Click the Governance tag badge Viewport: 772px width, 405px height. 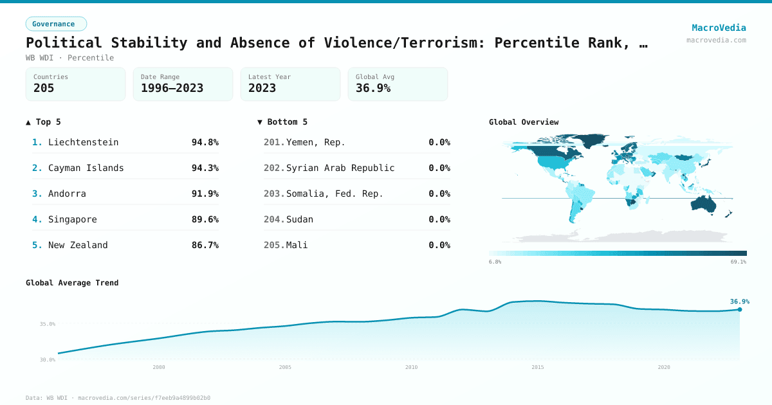pos(56,24)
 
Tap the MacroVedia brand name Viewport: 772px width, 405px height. pos(719,28)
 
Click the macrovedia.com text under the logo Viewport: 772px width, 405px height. pos(716,40)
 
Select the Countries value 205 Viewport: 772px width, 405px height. pos(44,88)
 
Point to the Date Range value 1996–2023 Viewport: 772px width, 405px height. pos(172,88)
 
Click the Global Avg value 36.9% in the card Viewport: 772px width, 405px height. pos(373,88)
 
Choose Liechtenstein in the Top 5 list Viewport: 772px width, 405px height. pos(83,142)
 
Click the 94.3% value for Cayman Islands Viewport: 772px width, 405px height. pos(205,168)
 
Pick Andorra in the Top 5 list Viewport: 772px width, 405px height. pos(67,194)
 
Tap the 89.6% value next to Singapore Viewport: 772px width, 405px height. pos(205,219)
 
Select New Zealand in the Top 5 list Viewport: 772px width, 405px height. pos(78,245)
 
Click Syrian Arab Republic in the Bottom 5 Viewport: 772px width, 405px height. pos(340,168)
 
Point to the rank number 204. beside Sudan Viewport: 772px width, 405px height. pos(274,219)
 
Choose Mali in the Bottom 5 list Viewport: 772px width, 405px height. pos(297,245)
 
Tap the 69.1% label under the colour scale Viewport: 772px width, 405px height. pos(738,262)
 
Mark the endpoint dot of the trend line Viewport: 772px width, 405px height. pos(739,309)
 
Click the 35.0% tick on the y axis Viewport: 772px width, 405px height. pos(47,324)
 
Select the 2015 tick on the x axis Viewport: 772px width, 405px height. pos(537,367)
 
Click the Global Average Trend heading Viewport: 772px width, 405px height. pos(72,283)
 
